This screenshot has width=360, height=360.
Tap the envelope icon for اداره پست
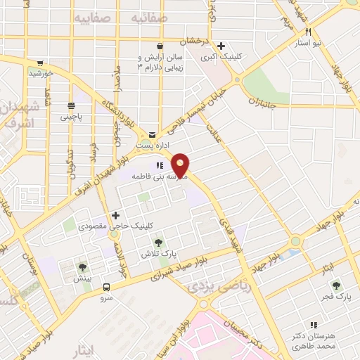coord(152,134)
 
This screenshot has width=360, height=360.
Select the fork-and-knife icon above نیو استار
coord(308,32)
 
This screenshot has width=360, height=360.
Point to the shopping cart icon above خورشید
coord(41,63)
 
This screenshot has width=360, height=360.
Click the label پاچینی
coord(70,117)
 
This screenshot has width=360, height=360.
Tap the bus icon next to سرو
coord(107,287)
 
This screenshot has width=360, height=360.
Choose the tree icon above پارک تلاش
coord(157,241)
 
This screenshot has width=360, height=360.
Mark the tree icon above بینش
coord(83,266)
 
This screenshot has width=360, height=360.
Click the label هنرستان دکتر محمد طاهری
coord(315,342)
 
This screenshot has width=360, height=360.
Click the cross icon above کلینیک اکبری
coord(221,46)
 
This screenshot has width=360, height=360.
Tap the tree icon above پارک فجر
coord(337,286)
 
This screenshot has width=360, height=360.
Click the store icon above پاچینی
coord(70,105)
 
